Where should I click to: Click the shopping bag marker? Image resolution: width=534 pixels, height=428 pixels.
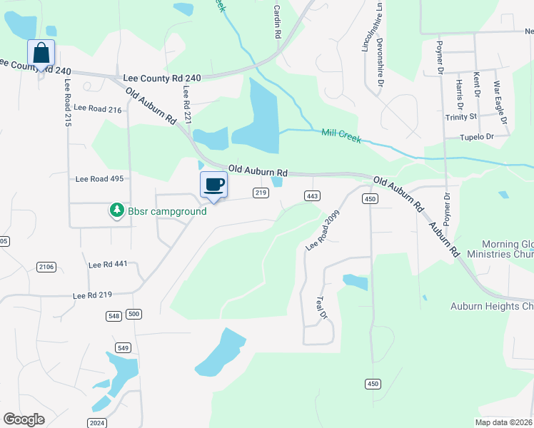(x=41, y=53)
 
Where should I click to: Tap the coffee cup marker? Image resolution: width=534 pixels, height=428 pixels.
(x=213, y=185)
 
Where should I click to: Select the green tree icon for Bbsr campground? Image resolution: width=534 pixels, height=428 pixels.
(x=116, y=210)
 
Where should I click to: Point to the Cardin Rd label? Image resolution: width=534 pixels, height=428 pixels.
(x=277, y=21)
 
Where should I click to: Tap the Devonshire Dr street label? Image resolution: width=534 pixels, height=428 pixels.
(x=381, y=63)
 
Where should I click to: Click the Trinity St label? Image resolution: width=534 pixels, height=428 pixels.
(x=460, y=116)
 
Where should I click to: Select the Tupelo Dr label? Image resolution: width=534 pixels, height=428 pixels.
(x=477, y=136)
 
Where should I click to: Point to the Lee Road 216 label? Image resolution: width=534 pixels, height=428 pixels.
(x=97, y=109)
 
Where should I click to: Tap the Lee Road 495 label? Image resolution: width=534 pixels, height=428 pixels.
(x=100, y=179)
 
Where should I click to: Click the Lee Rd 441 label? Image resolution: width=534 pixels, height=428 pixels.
(x=108, y=264)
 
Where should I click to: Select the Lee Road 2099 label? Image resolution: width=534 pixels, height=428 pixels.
(x=323, y=230)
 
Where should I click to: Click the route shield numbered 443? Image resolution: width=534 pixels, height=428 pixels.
(x=311, y=196)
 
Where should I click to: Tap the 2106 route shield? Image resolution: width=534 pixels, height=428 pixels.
(x=46, y=267)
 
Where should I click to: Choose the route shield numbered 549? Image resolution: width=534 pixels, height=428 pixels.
(x=123, y=347)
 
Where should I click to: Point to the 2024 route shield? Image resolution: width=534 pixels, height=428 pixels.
(x=96, y=423)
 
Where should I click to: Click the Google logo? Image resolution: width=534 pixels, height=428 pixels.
(x=24, y=419)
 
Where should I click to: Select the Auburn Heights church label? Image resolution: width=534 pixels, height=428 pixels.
(x=492, y=307)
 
